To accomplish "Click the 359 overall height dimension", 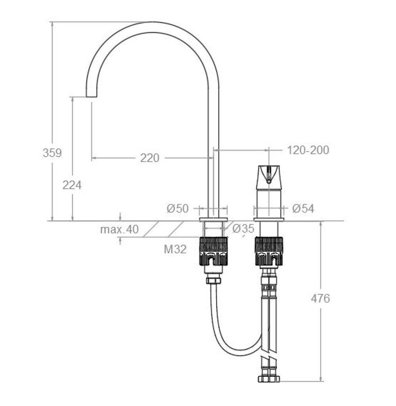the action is point(52,153).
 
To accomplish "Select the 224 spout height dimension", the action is point(72,185).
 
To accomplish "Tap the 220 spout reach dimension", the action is point(150,158).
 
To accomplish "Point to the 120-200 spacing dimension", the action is point(308,150).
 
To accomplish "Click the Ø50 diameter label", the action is point(178,209).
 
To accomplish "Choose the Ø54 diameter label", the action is point(303,209).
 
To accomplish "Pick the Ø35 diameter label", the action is point(244,228).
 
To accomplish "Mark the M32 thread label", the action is point(175,249).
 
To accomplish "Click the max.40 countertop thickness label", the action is point(120,230).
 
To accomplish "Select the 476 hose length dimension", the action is point(321,298).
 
